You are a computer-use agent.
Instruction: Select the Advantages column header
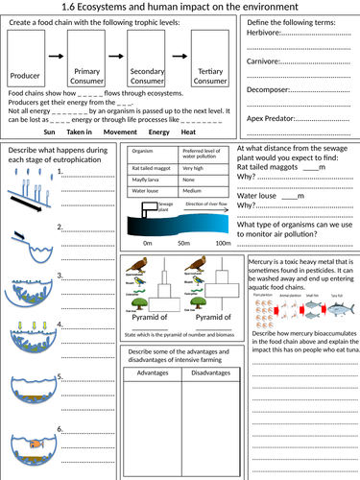[154, 373]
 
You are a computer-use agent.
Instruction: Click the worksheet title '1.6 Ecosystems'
[180, 9]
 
